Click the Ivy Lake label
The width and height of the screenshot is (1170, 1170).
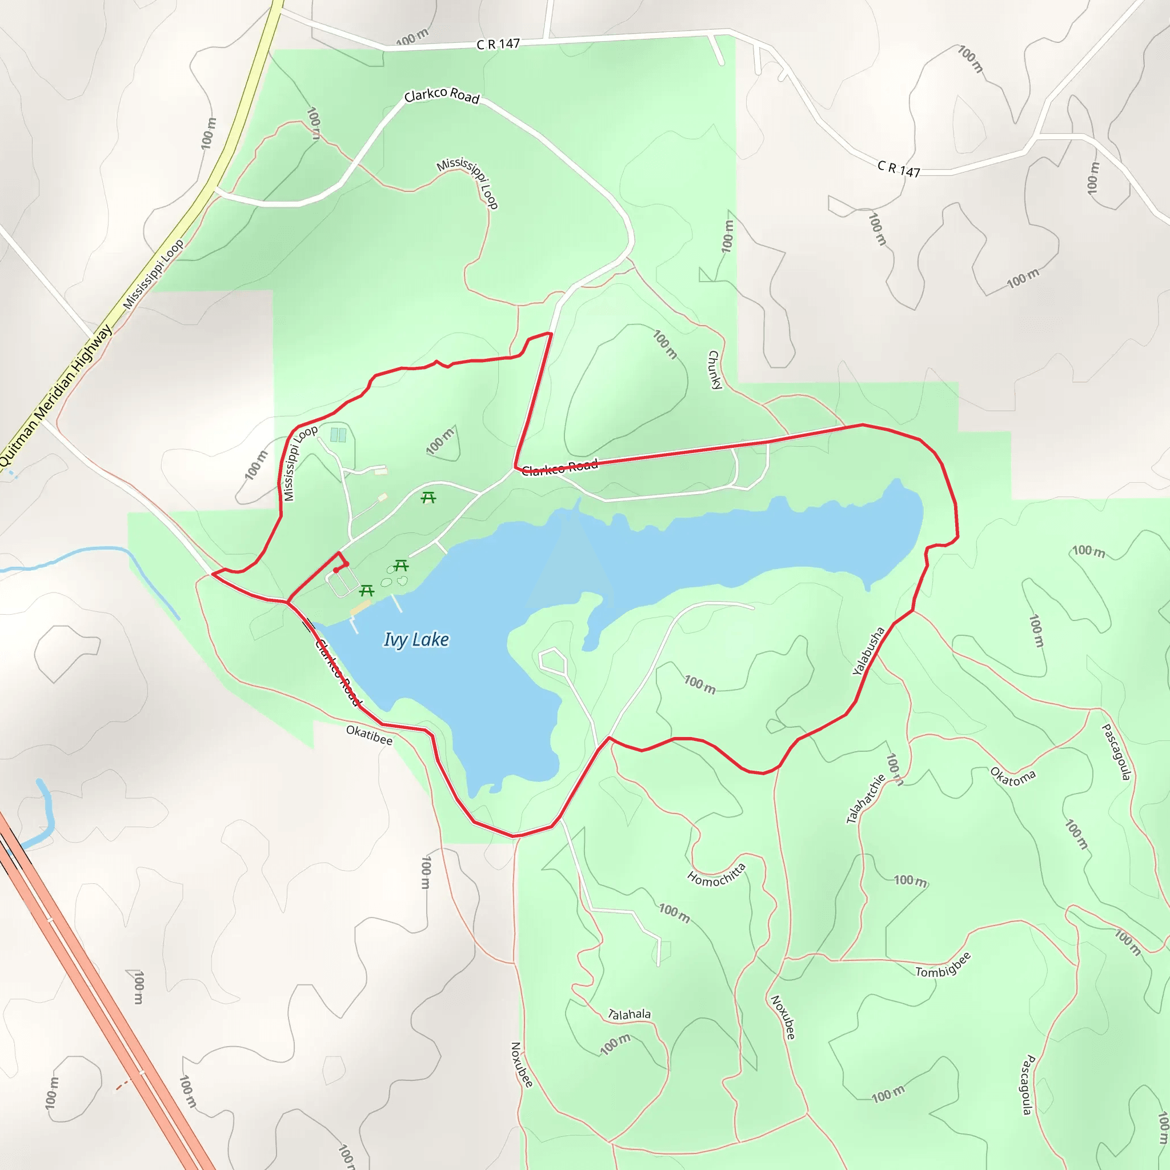click(x=416, y=639)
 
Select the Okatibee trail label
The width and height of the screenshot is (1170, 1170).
click(x=369, y=735)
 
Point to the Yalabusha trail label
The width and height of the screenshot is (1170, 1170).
click(x=868, y=651)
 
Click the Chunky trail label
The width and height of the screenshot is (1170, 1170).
click(x=715, y=370)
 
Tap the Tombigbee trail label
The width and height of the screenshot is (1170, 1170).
click(x=943, y=965)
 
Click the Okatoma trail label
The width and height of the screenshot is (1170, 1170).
click(x=1012, y=777)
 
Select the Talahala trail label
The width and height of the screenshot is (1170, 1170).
click(x=629, y=1014)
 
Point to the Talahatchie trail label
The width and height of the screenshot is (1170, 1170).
click(x=866, y=799)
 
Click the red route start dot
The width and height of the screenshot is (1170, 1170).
click(x=335, y=570)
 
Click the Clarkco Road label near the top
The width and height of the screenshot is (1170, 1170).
click(x=442, y=95)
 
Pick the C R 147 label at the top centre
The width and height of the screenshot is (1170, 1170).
click(x=498, y=44)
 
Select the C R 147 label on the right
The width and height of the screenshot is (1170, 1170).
click(x=899, y=169)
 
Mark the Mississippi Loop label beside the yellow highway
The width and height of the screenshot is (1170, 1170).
click(x=153, y=274)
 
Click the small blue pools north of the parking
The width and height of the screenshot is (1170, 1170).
click(x=338, y=435)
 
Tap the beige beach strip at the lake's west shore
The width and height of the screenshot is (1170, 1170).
click(x=360, y=607)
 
